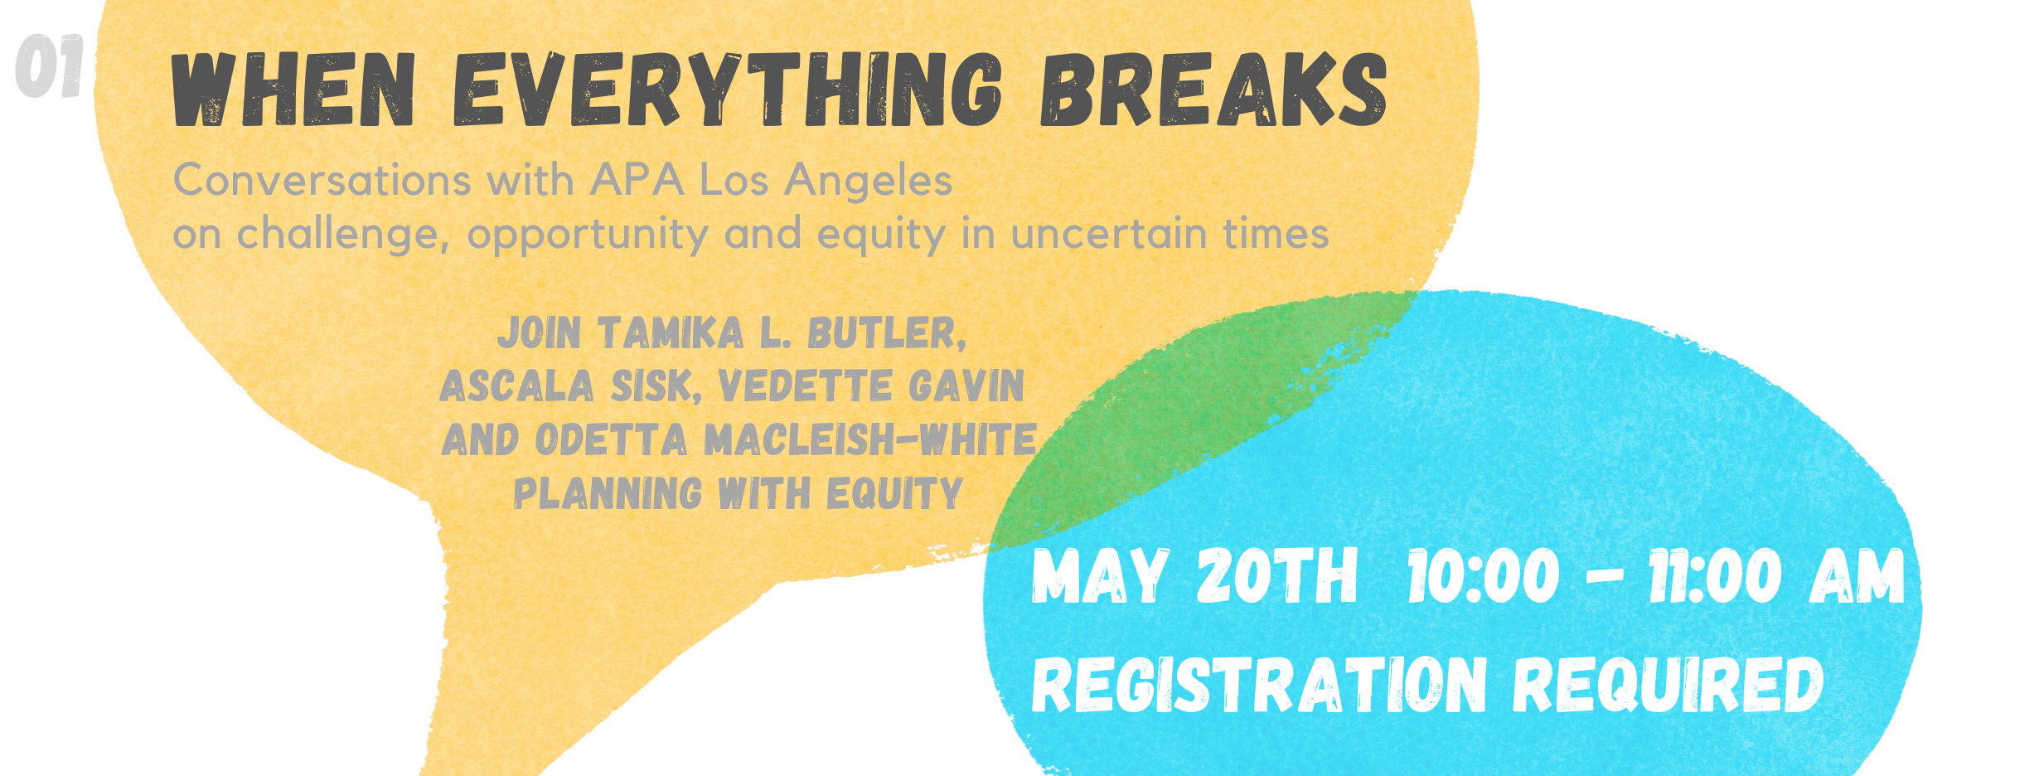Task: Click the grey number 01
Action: coord(49,65)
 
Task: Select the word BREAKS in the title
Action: coord(1213,90)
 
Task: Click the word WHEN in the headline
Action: coord(293,90)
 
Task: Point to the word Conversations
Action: coord(322,180)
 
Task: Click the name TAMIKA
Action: coord(671,333)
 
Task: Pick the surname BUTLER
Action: coord(887,333)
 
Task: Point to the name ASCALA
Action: coord(517,386)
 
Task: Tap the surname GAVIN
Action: coord(966,386)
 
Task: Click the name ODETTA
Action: coord(611,439)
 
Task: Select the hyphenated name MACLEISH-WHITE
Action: coord(870,439)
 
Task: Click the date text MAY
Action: coord(1100,576)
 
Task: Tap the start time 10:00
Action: coord(1483,576)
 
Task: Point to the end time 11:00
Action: coord(1714,576)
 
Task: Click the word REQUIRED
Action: coord(1668,685)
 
